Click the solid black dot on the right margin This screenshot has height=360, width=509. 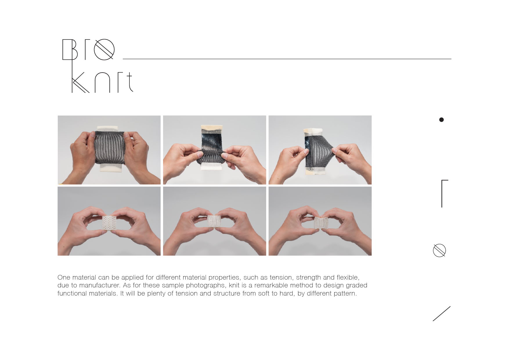point(441,120)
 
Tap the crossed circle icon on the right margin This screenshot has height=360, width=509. point(439,250)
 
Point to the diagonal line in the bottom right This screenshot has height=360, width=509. point(441,314)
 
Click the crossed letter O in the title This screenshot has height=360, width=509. point(104,49)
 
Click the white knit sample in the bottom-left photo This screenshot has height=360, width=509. point(109,223)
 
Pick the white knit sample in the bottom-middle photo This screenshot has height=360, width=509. point(214,222)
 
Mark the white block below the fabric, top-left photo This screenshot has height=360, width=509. point(112,168)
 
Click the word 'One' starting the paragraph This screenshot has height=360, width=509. point(64,277)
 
